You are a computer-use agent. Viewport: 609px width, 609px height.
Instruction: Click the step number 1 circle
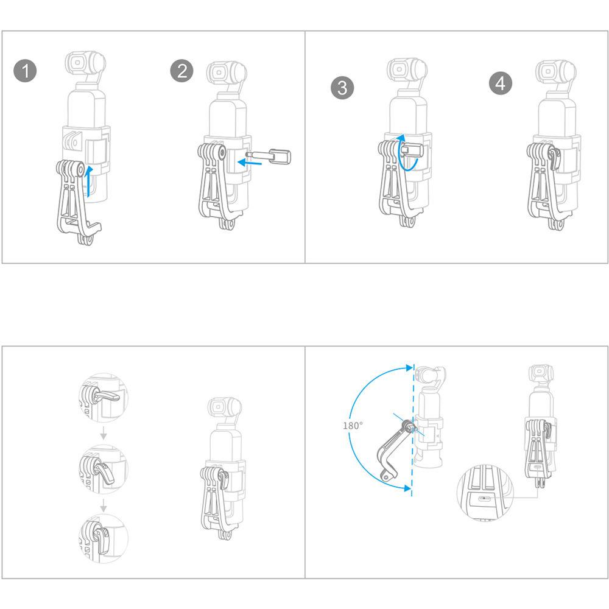[25, 71]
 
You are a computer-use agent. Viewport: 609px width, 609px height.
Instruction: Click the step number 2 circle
[181, 71]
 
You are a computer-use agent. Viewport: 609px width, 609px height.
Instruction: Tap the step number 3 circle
[342, 87]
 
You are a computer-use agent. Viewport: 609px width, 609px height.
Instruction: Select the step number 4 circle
[500, 83]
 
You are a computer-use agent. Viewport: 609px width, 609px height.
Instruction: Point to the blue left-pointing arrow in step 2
[249, 163]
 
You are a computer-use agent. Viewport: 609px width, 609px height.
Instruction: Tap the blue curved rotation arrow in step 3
[405, 153]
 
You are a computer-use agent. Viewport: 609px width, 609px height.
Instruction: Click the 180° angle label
[353, 426]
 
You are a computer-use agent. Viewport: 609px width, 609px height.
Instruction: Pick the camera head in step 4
[555, 72]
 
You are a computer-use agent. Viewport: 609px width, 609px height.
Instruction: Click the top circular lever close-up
[104, 398]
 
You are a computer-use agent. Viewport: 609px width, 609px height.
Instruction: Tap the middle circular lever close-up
[104, 469]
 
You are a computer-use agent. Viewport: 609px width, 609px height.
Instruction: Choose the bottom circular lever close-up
[104, 539]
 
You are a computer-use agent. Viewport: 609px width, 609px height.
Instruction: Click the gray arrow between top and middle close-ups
[104, 434]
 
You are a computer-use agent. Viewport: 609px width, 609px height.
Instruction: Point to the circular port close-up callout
[485, 493]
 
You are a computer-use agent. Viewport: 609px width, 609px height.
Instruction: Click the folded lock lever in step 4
[554, 159]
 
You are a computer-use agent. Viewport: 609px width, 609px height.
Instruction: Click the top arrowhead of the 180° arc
[409, 367]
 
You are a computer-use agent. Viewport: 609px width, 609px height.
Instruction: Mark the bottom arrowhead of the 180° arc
[408, 488]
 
